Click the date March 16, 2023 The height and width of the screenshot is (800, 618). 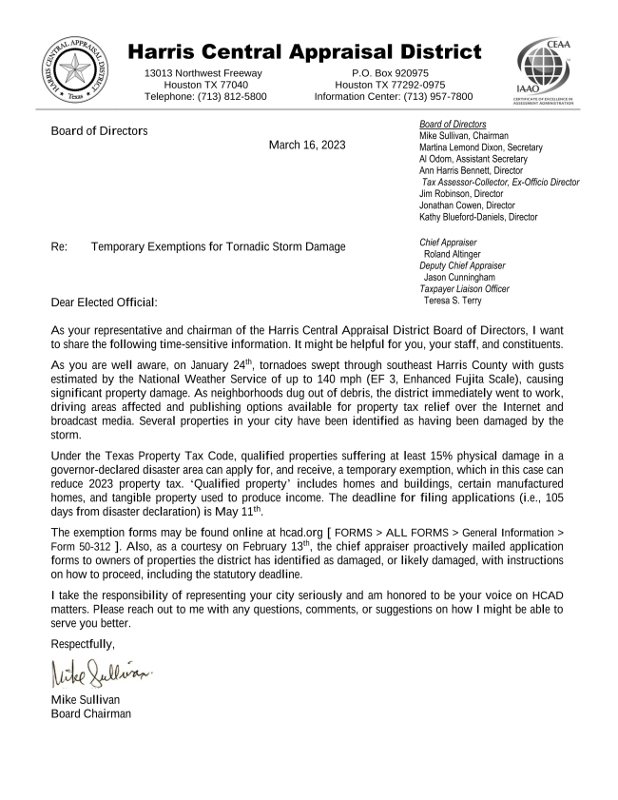(307, 146)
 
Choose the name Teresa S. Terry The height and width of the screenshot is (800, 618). (453, 301)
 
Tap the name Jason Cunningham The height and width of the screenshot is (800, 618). (459, 277)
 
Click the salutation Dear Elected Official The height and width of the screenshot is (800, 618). (104, 302)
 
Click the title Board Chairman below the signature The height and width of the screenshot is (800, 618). (91, 714)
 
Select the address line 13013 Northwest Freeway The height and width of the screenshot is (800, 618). (203, 72)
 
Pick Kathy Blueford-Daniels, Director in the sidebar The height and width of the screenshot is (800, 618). (478, 217)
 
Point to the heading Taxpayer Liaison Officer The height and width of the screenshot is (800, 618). (464, 288)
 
